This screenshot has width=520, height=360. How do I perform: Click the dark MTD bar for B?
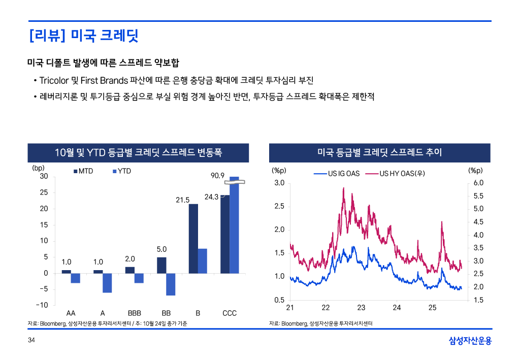click(193, 238)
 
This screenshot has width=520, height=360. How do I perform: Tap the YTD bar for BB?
click(171, 284)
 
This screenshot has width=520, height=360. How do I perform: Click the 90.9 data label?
click(217, 176)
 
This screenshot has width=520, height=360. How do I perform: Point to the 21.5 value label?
click(183, 200)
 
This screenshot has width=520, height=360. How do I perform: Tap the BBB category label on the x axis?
click(134, 313)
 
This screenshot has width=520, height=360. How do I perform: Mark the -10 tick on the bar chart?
click(42, 305)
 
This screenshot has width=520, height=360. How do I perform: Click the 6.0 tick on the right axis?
click(478, 183)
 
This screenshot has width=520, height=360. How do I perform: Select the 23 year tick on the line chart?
click(361, 308)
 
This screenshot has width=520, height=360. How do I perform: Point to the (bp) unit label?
click(39, 167)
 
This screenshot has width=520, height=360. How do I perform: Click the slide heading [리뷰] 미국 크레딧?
click(84, 36)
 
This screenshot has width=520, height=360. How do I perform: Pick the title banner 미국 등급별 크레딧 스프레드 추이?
click(379, 152)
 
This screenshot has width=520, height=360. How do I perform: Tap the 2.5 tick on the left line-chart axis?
click(279, 206)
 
